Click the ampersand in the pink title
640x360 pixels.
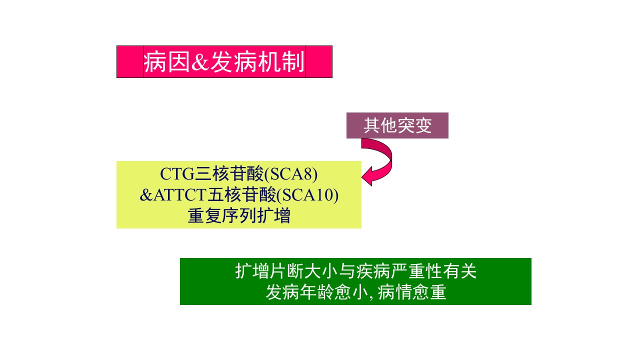click(200, 62)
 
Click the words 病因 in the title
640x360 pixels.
click(167, 62)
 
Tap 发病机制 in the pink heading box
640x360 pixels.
click(257, 62)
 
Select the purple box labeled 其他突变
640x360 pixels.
click(397, 125)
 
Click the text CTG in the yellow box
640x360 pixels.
click(177, 173)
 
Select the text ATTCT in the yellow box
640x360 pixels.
click(180, 195)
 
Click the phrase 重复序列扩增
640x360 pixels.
click(239, 215)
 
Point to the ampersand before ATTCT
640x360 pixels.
click(146, 195)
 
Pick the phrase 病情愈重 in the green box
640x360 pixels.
click(412, 292)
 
